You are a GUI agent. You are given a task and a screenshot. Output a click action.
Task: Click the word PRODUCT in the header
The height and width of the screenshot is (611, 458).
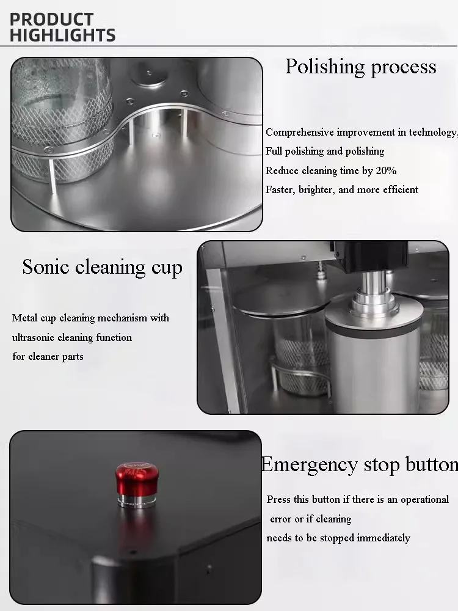(x=51, y=20)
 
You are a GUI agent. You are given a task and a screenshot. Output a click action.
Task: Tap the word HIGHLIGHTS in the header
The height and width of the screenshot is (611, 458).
(x=62, y=35)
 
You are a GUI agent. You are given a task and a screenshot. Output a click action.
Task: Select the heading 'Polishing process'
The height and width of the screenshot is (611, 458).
(x=360, y=67)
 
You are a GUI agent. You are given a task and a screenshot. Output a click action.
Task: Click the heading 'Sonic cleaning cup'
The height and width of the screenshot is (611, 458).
(x=102, y=268)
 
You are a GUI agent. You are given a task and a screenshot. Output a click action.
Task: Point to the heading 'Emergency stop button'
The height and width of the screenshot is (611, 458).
(x=359, y=465)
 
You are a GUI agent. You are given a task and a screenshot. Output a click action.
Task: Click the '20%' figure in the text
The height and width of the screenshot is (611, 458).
(x=386, y=170)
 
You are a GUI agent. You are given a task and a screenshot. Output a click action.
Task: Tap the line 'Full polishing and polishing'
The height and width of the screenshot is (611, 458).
(x=325, y=151)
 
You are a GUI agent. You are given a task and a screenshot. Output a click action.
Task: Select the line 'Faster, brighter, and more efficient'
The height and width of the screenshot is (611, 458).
(x=342, y=189)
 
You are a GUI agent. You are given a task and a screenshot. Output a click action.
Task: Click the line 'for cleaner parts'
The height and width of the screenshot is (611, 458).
(x=48, y=356)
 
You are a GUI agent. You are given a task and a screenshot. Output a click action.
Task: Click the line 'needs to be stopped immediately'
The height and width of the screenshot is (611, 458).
(x=338, y=538)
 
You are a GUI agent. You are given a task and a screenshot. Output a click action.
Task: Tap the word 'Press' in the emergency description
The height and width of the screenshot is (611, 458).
(x=278, y=500)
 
